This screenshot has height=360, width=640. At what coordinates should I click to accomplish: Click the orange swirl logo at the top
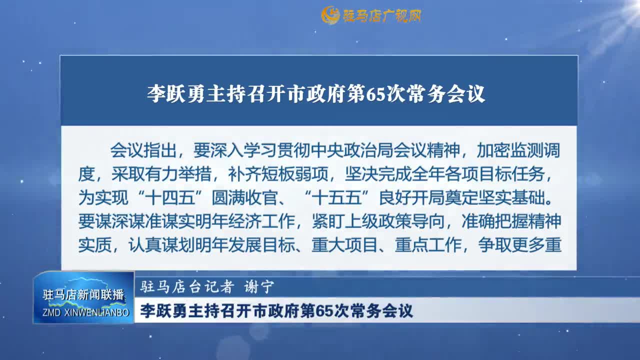[x=330, y=15]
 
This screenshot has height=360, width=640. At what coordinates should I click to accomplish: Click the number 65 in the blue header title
[x=374, y=93]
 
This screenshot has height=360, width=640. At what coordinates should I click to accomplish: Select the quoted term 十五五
[x=338, y=197]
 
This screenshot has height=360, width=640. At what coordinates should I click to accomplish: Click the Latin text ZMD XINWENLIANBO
[x=83, y=312]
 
